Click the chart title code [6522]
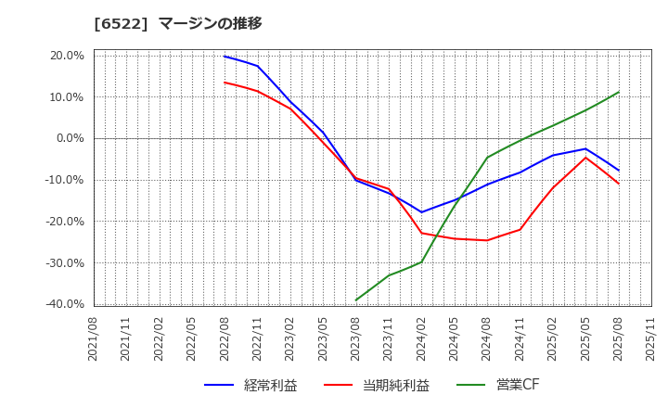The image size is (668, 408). [121, 23]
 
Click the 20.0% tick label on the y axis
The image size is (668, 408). [67, 56]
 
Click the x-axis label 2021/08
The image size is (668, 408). [94, 339]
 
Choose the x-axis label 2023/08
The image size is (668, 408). [356, 339]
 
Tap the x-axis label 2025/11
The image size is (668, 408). [651, 339]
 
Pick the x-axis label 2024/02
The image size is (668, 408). [421, 339]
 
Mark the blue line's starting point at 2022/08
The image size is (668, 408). [225, 57]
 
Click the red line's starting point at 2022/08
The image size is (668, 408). [225, 83]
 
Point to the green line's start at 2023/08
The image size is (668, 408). [356, 300]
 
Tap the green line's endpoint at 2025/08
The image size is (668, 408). [619, 92]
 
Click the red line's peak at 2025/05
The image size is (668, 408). [585, 158]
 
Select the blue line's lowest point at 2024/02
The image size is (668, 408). [421, 212]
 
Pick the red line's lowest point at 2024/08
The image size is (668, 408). [487, 240]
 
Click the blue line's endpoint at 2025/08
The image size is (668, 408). [619, 171]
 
